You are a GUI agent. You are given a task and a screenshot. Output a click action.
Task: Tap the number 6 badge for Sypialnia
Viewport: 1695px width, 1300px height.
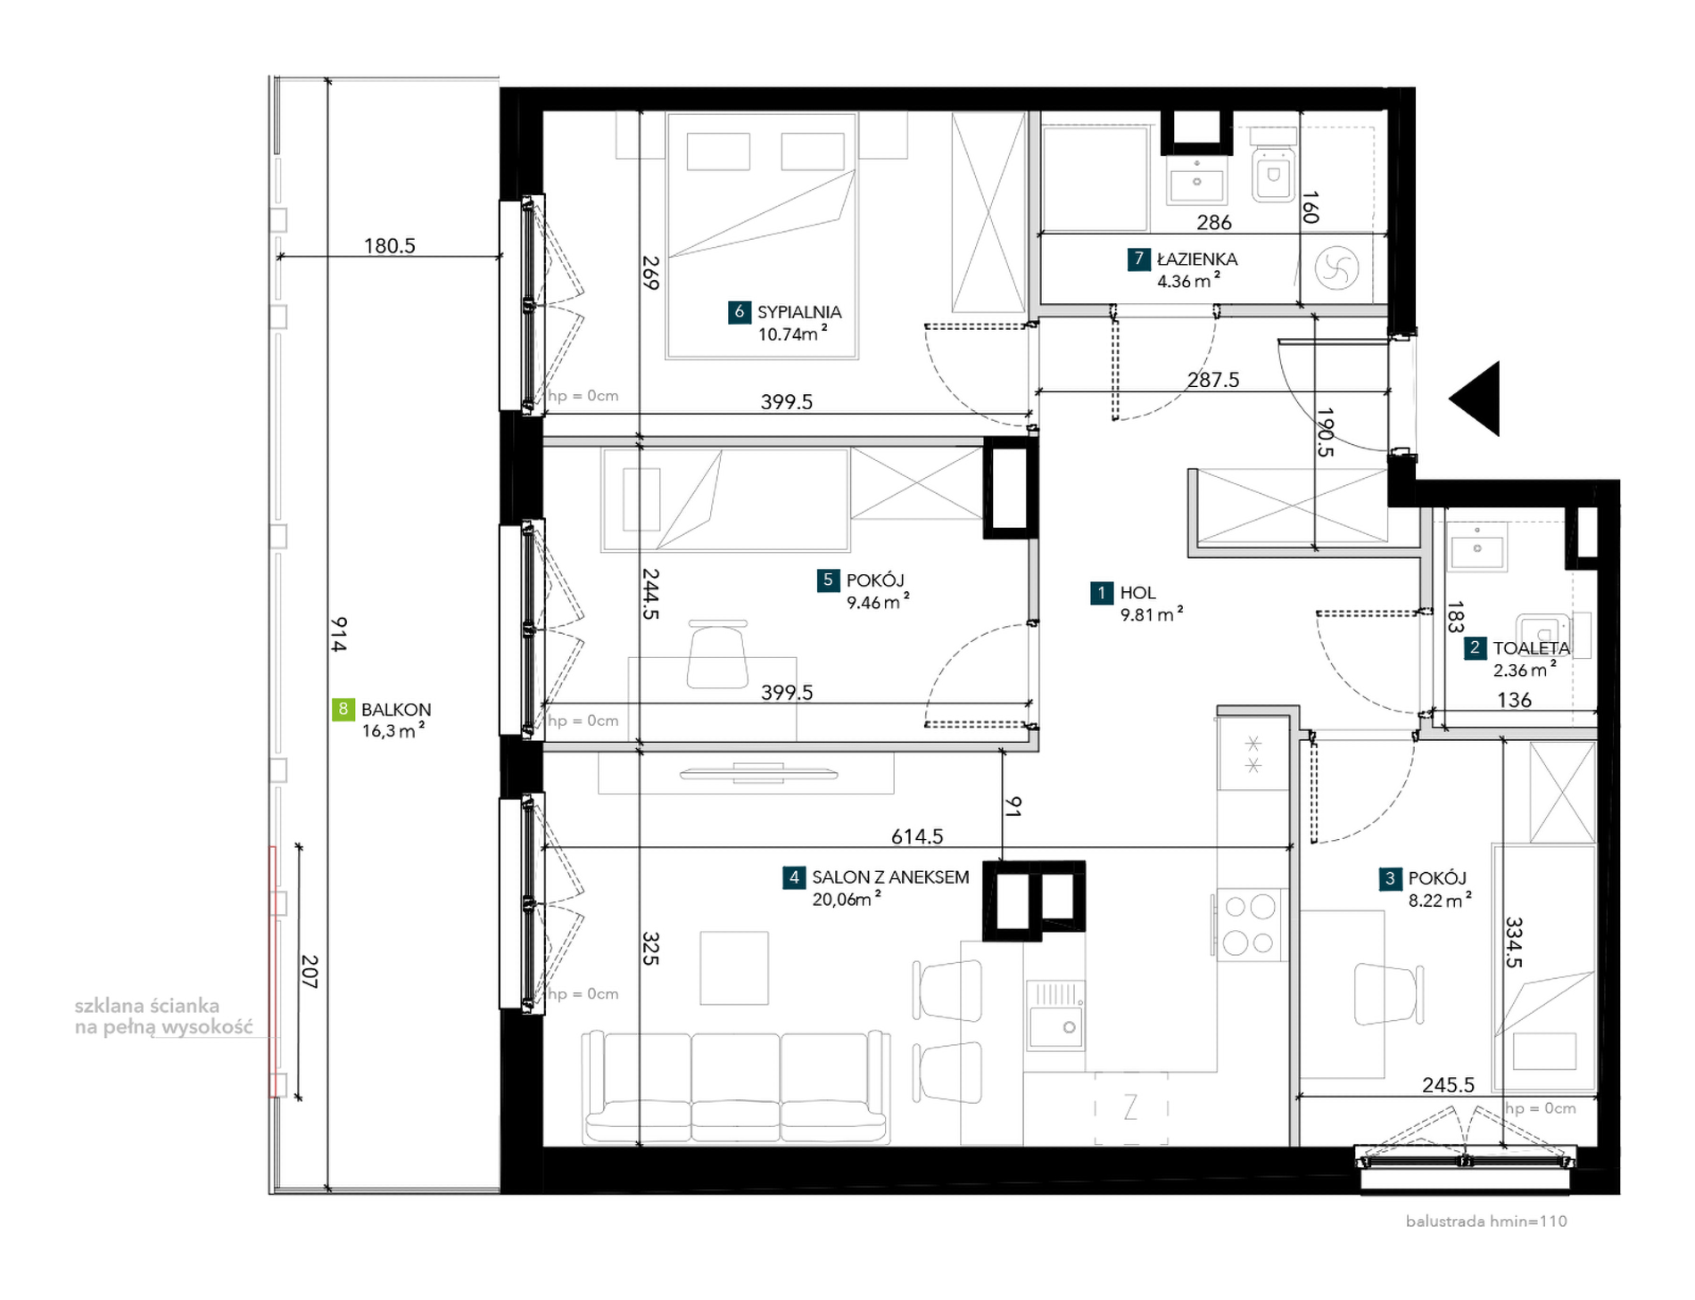coord(739,312)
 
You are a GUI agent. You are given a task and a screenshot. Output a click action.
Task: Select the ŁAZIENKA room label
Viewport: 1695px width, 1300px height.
coord(1196,259)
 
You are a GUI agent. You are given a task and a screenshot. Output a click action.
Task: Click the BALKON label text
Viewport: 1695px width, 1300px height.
coord(396,710)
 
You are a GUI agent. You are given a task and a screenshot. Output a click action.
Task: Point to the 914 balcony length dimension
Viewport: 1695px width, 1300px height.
coord(338,634)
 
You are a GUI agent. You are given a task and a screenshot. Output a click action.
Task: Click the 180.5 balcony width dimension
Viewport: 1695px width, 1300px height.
coord(389,246)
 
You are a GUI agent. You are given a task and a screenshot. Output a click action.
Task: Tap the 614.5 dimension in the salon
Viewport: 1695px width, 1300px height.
coord(916,836)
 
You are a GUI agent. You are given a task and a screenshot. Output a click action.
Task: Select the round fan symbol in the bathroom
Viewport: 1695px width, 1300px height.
coord(1336,267)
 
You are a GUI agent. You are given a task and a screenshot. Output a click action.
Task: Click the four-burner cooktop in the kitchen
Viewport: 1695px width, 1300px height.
coord(1250,925)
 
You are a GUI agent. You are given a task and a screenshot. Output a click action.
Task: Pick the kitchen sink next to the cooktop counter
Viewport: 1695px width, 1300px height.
coord(1055,1016)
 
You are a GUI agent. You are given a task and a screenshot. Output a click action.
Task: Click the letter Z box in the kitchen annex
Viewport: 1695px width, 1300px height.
coord(1131,1108)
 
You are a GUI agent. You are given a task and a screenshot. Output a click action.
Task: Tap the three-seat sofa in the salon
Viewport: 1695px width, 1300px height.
coord(736,1086)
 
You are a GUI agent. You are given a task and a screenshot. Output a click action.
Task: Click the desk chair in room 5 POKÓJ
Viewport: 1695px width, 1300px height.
coord(717,655)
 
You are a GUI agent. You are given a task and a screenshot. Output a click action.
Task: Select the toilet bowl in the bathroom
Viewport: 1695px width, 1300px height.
coord(1273,173)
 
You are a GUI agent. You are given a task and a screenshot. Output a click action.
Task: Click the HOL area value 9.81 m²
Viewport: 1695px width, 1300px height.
coord(1151,614)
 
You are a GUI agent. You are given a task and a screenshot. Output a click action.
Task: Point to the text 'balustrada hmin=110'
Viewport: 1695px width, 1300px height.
coord(1485,1222)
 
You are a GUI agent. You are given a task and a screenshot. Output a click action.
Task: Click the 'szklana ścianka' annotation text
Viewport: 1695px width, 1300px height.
coord(147,1007)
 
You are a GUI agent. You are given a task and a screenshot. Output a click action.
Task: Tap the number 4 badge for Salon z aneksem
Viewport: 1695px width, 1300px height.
coord(793,877)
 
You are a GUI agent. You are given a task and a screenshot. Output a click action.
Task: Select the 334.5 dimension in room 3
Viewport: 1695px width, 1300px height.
coord(1514,942)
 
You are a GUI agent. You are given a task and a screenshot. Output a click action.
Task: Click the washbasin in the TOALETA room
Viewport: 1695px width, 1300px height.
coord(1476,547)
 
